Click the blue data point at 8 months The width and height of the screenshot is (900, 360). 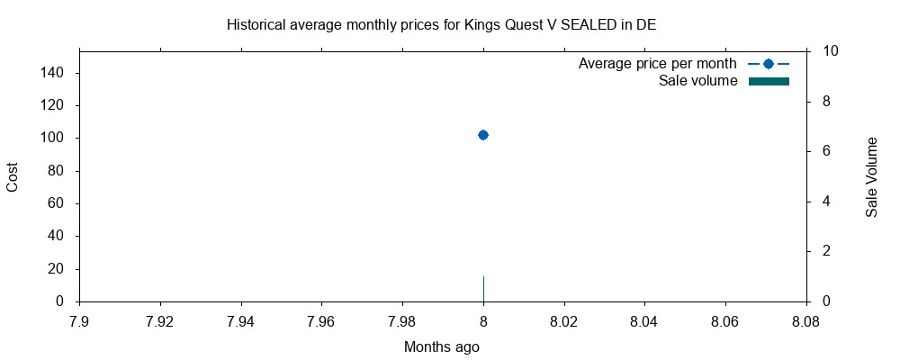point(483,135)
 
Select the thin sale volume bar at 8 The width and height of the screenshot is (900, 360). point(483,289)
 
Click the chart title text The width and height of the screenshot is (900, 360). point(441,24)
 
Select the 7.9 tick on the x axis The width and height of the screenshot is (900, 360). point(79,320)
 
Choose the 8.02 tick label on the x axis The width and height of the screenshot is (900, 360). point(563,320)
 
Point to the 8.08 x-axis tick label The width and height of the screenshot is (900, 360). point(805,320)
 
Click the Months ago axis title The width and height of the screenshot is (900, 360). point(441,347)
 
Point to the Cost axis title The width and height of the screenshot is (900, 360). point(13,176)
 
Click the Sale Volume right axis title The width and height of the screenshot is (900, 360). point(871,176)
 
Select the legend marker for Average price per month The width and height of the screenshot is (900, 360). point(768,64)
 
